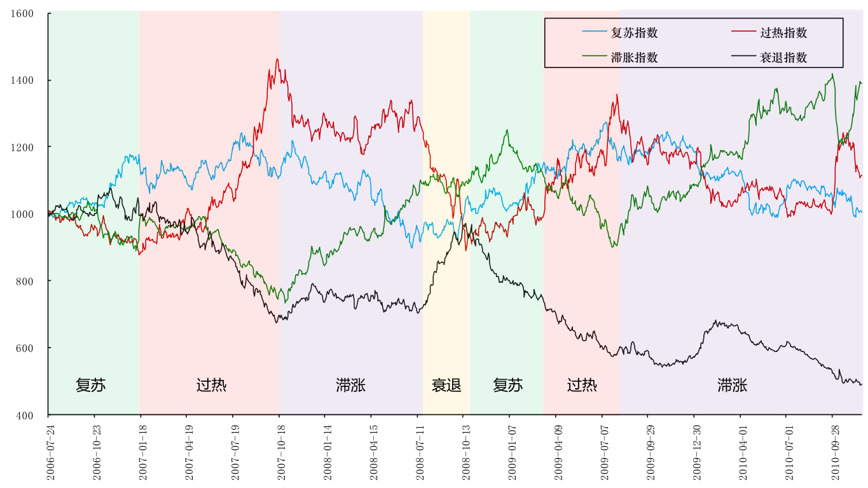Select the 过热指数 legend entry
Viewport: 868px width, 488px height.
pos(783,33)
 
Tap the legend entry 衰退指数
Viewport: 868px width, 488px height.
pos(783,57)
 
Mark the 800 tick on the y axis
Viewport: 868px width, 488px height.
pos(35,281)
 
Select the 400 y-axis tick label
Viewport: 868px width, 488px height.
pos(35,415)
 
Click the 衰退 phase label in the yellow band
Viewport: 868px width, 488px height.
pos(446,385)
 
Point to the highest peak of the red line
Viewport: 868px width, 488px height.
pos(277,59)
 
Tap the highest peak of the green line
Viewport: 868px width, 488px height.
pos(832,74)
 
